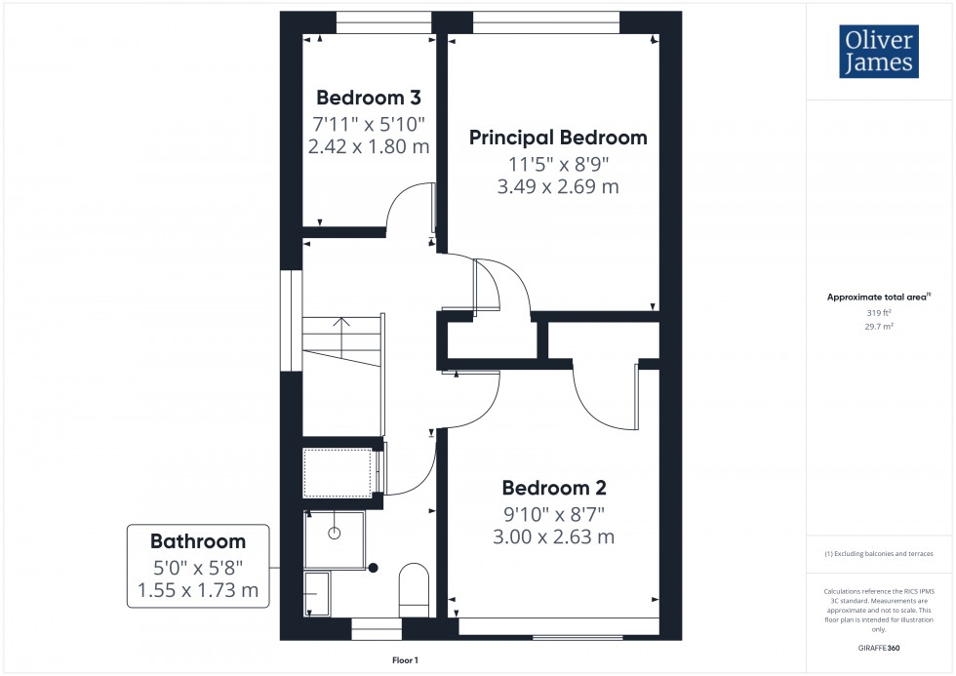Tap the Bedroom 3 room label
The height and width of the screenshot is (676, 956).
tap(369, 98)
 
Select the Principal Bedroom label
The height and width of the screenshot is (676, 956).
tap(558, 138)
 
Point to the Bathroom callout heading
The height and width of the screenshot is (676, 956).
tap(197, 541)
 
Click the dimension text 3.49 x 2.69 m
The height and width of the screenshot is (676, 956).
tap(558, 186)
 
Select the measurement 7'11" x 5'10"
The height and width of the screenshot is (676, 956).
tap(369, 124)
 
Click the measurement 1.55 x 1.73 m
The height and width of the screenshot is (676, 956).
tap(197, 589)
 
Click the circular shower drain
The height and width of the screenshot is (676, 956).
tap(335, 534)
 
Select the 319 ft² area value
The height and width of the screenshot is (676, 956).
tap(879, 313)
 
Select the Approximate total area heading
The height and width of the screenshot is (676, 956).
tap(878, 297)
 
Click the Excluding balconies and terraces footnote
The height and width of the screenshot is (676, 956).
tap(879, 553)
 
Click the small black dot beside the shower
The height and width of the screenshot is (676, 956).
tap(373, 568)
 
